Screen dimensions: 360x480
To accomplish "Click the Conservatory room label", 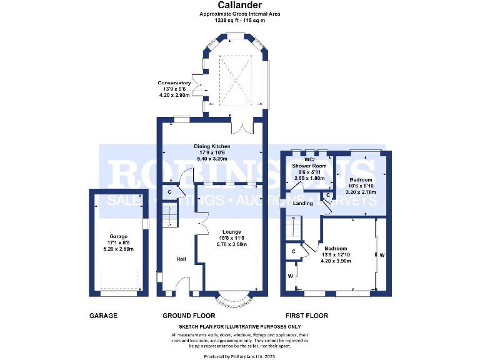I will pyautogui.click(x=174, y=83).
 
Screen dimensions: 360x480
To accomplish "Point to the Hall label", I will pyautogui.click(x=181, y=259).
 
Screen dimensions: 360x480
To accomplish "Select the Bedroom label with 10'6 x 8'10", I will pyautogui.click(x=361, y=180).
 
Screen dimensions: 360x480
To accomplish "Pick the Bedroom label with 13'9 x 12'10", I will pyautogui.click(x=336, y=249).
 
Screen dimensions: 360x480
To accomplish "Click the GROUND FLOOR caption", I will pyautogui.click(x=189, y=316).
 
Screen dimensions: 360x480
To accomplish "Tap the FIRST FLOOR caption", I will pyautogui.click(x=306, y=316).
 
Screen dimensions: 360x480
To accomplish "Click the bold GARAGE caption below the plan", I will pyautogui.click(x=103, y=316).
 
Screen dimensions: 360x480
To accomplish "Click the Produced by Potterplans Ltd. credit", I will pyautogui.click(x=240, y=355).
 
